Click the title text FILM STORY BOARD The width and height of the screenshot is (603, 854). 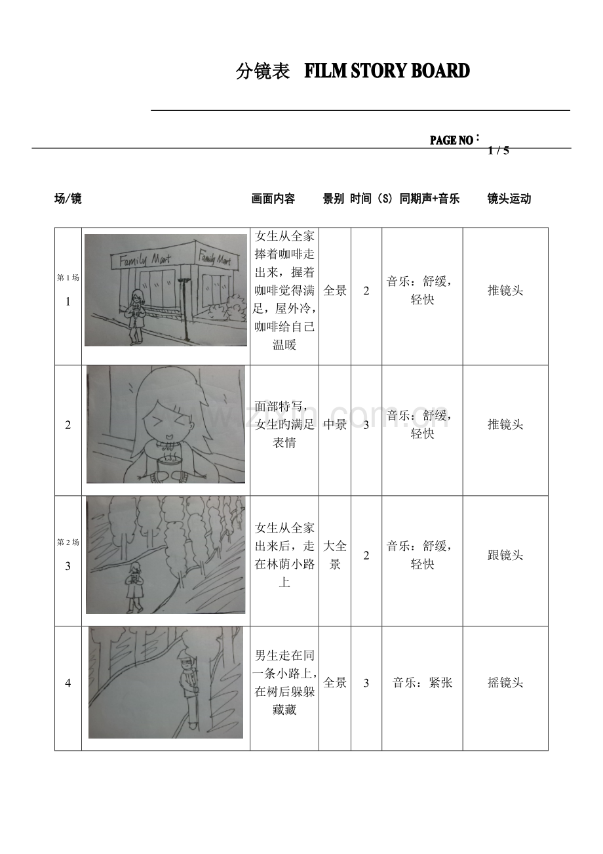tap(387, 71)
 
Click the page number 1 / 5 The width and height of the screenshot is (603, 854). tap(498, 150)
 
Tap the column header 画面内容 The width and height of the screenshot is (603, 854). tap(273, 199)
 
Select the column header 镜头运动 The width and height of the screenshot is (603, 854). tap(509, 199)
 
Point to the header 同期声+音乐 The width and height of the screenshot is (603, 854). tap(429, 199)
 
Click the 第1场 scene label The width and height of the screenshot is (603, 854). tap(68, 277)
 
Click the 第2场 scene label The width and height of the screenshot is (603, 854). tap(68, 542)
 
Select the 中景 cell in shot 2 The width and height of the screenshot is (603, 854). tap(335, 424)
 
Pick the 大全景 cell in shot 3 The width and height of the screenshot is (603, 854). tap(335, 555)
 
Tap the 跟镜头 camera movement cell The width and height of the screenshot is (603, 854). tap(505, 556)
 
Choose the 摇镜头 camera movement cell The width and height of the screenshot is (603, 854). tap(505, 683)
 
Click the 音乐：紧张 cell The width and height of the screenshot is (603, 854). tap(422, 683)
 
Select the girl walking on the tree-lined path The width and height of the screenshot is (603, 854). tap(135, 586)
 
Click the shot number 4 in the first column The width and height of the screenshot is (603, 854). tap(68, 683)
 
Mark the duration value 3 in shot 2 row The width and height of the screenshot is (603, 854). tap(366, 424)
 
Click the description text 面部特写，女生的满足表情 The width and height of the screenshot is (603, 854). tap(284, 424)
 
